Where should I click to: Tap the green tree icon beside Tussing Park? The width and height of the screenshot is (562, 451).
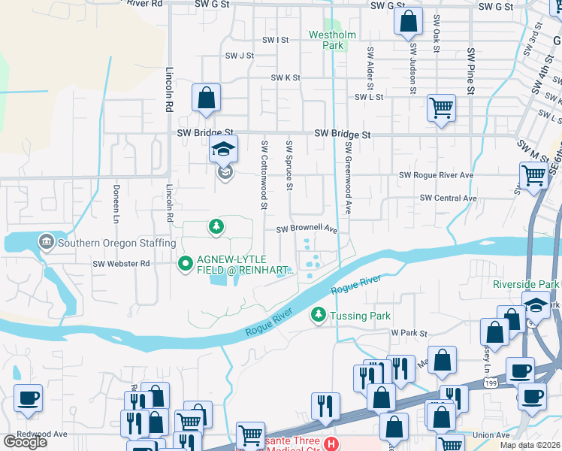[319, 316]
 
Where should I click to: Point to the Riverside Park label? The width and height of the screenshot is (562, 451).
[526, 284]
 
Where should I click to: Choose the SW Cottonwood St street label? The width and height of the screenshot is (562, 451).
[264, 174]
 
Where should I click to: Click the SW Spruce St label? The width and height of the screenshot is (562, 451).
[289, 165]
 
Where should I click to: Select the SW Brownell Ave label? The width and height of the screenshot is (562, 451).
[307, 229]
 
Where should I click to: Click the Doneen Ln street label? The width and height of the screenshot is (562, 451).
[116, 204]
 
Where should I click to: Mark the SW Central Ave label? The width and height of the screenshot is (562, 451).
[448, 198]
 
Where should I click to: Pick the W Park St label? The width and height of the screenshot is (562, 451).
[409, 332]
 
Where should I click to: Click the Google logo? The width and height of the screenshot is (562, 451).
[25, 441]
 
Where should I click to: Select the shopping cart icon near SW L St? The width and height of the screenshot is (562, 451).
[441, 107]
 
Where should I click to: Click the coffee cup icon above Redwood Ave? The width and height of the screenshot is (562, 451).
[28, 398]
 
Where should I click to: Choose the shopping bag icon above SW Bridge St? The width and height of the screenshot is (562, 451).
[206, 98]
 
